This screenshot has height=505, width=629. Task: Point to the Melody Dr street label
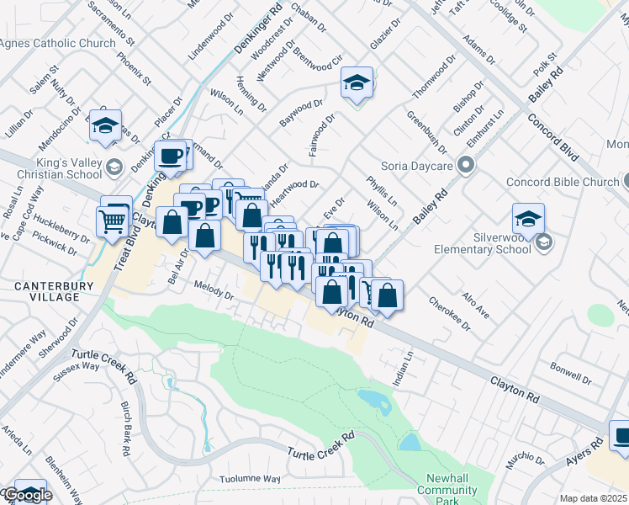[x=214, y=291]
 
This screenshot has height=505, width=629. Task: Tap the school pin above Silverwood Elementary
[x=528, y=220]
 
